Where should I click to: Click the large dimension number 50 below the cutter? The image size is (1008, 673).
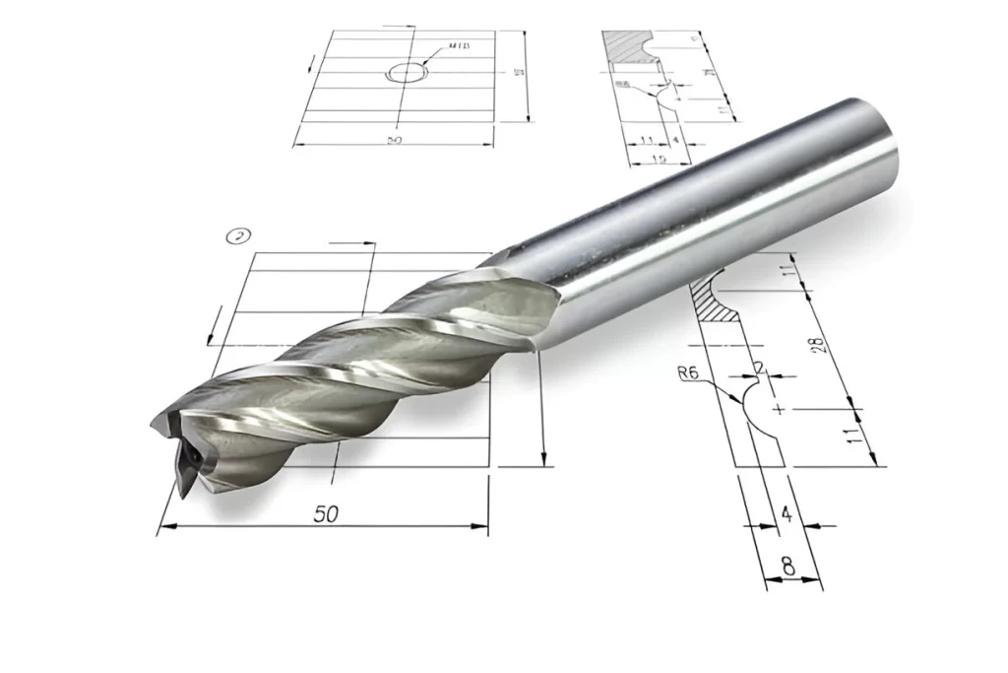pyautogui.click(x=325, y=514)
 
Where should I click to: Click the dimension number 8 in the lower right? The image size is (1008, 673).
pyautogui.click(x=787, y=567)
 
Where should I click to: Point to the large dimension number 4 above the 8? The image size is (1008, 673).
pyautogui.click(x=786, y=512)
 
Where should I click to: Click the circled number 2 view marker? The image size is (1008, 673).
pyautogui.click(x=237, y=236)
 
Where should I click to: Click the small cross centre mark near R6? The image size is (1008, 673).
pyautogui.click(x=779, y=407)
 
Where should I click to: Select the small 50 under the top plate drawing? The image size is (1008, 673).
pyautogui.click(x=394, y=141)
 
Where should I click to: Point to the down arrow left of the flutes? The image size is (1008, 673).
pyautogui.click(x=209, y=339)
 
